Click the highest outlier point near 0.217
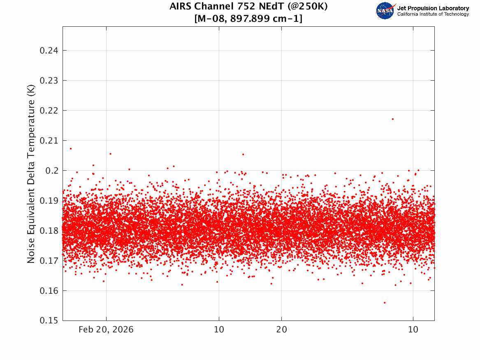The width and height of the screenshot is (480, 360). (x=393, y=119)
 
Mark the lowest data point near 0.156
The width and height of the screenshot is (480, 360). (x=385, y=303)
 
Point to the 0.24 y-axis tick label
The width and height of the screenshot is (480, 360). (x=49, y=51)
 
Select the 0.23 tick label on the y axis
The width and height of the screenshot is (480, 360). (x=49, y=81)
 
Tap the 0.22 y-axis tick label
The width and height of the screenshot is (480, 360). (x=49, y=111)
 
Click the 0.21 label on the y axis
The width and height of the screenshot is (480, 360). (x=49, y=141)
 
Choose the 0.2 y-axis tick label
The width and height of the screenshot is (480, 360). (x=52, y=170)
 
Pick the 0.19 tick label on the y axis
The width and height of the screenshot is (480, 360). (x=49, y=200)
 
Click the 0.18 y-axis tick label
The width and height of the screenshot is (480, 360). (x=49, y=230)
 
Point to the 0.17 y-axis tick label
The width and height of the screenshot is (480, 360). (x=49, y=260)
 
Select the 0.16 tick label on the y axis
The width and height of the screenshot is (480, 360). (x=49, y=290)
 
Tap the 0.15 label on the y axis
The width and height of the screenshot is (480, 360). (x=49, y=321)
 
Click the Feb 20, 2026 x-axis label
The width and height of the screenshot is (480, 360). (x=106, y=330)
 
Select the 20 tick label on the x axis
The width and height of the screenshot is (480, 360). (x=282, y=330)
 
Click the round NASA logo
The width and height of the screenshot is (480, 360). (x=385, y=11)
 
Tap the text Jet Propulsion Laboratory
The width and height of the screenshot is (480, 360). (x=433, y=8)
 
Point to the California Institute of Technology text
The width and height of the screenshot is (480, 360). (x=433, y=14)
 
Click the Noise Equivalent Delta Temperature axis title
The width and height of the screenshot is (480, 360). (x=31, y=174)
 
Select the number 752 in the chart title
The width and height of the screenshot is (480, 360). (x=246, y=6)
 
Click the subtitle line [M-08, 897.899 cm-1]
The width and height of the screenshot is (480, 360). (x=248, y=19)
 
